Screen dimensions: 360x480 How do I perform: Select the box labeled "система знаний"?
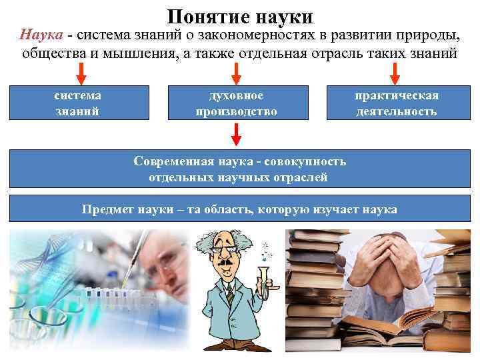[77, 103]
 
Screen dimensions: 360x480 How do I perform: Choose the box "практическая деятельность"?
[396, 103]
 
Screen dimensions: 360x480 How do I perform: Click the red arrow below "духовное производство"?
[236, 135]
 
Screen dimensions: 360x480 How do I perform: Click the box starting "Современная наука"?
[239, 169]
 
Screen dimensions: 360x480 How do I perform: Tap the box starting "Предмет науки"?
[239, 209]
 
